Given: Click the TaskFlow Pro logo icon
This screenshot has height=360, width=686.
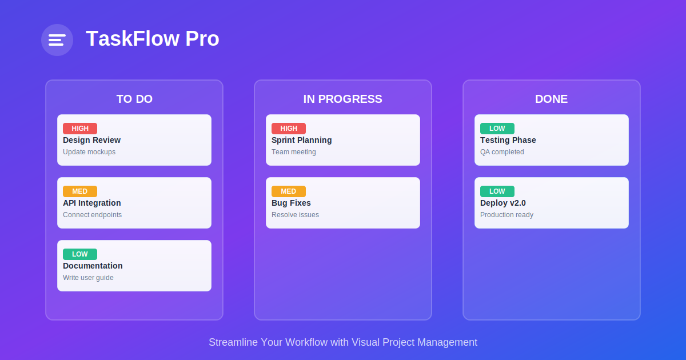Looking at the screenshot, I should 57,40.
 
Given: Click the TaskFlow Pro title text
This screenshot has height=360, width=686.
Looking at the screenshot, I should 153,39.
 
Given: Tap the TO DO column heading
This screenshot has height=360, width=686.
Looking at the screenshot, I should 134,99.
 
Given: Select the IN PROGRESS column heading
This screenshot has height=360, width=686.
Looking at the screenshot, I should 342,99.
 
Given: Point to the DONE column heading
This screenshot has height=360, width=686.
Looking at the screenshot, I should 551,99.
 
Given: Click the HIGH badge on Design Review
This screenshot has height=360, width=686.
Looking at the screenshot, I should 80,129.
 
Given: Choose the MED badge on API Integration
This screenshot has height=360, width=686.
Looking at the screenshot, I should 80,191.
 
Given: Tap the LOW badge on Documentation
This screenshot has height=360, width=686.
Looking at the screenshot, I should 80,254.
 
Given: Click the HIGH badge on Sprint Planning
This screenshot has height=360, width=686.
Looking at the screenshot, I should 289,129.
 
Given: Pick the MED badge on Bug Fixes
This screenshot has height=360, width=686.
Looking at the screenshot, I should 289,191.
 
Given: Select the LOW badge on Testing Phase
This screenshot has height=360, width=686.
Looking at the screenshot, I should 497,129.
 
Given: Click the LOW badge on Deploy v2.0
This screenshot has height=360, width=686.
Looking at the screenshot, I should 497,191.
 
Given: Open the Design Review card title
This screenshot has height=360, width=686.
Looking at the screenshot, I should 91,140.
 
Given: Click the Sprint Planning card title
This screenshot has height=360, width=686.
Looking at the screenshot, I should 301,140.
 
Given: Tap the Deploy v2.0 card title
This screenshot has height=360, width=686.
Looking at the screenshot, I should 503,203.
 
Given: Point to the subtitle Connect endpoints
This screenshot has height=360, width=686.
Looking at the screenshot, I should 92,215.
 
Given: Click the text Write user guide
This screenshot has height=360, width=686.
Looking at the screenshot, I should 88,278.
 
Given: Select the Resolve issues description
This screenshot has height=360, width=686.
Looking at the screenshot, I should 295,215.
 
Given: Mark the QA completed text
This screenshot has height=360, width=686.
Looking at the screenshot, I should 502,152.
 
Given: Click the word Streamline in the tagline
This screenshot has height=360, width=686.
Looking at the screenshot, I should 233,342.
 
